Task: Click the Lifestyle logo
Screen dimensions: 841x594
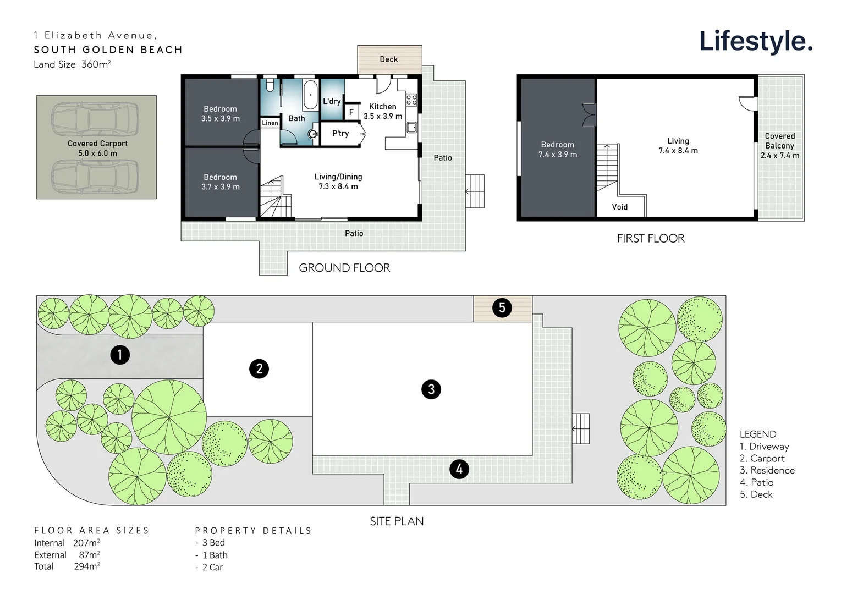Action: [x=756, y=42]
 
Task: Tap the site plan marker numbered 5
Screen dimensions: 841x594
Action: [x=502, y=308]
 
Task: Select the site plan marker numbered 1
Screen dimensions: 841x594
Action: [x=120, y=355]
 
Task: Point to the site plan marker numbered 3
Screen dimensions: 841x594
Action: [x=431, y=389]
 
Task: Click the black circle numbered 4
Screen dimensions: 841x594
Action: [x=459, y=469]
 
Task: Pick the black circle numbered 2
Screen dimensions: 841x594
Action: [x=259, y=369]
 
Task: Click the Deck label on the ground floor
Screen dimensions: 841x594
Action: [x=388, y=59]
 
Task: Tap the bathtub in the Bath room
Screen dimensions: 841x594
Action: [x=310, y=95]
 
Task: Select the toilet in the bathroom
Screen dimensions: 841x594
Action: [x=270, y=86]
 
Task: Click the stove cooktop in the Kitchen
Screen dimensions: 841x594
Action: [x=411, y=100]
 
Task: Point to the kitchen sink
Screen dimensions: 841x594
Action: [x=411, y=128]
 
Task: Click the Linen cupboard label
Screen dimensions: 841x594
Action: [x=270, y=123]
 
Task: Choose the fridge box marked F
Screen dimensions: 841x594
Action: [x=351, y=112]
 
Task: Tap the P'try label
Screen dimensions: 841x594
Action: [x=340, y=134]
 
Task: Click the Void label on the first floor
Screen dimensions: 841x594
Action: [x=619, y=207]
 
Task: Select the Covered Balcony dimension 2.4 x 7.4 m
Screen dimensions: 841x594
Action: [x=780, y=156]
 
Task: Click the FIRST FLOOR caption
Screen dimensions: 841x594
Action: [x=651, y=239]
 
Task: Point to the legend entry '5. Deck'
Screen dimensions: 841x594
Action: [x=756, y=494]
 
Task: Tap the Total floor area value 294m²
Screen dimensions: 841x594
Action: [x=87, y=566]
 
